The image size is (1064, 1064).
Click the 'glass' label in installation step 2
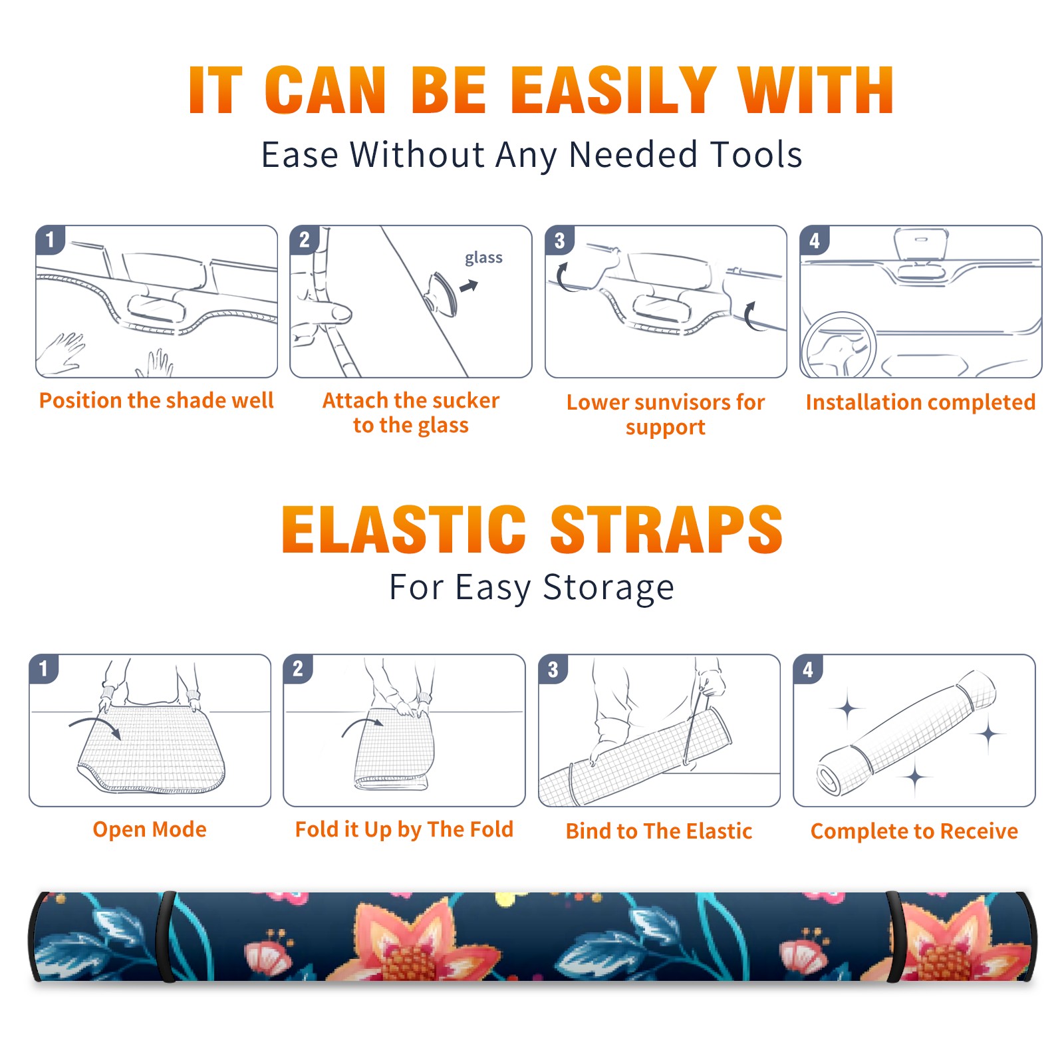483,258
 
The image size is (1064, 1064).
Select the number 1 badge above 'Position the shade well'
50,239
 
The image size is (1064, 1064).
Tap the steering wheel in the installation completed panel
838,346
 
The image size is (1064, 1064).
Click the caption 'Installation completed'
920,402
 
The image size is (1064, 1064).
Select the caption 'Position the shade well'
156,400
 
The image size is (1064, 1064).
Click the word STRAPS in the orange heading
666,529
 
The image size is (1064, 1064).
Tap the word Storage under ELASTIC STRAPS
608,588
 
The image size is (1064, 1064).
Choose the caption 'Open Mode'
150,829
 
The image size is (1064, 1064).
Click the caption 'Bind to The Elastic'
659,831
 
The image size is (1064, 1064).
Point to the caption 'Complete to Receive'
914,831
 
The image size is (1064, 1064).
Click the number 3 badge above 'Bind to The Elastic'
553,669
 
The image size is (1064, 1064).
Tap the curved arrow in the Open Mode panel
95,721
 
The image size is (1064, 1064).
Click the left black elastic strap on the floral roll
166,936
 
